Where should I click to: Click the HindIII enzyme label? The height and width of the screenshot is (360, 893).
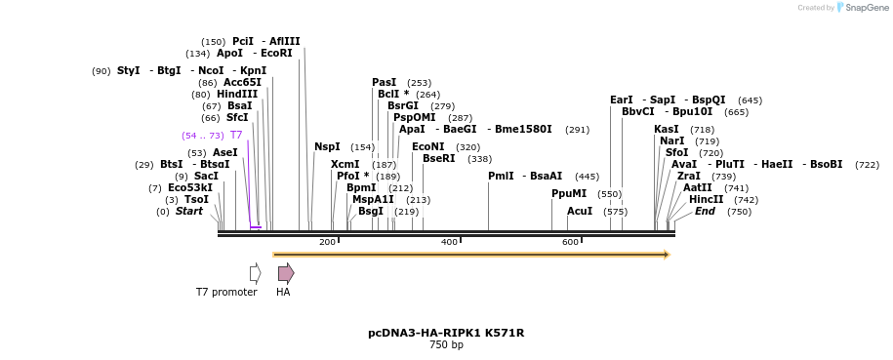[x=237, y=95]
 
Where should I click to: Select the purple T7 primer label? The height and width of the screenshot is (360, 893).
[x=236, y=136]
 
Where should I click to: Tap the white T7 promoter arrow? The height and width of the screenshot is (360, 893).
[x=255, y=273]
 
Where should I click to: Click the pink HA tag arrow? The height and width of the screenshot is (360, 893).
[x=285, y=273]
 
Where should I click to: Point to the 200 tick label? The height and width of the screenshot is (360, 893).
[x=327, y=242]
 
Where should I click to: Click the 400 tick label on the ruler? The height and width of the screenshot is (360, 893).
[x=449, y=242]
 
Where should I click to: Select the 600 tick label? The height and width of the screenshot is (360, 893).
[x=570, y=242]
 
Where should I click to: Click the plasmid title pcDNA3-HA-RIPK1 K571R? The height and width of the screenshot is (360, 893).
[x=446, y=333]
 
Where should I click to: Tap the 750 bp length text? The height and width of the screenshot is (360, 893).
[x=446, y=345]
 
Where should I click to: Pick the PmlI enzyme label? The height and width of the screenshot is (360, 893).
[x=501, y=177]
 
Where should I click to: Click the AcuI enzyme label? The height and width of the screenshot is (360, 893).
[x=580, y=212]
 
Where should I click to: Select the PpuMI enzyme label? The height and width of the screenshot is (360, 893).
[x=569, y=194]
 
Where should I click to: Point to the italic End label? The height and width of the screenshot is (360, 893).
[x=705, y=212]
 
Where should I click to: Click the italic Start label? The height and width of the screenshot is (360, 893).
[x=189, y=212]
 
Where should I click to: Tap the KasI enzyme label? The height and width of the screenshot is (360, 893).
[x=667, y=130]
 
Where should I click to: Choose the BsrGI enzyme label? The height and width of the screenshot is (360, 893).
[x=402, y=106]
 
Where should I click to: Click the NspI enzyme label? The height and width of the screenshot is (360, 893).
[x=327, y=147]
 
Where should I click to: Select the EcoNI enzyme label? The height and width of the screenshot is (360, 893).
[x=427, y=147]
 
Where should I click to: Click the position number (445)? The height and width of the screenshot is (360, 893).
[x=587, y=177]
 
